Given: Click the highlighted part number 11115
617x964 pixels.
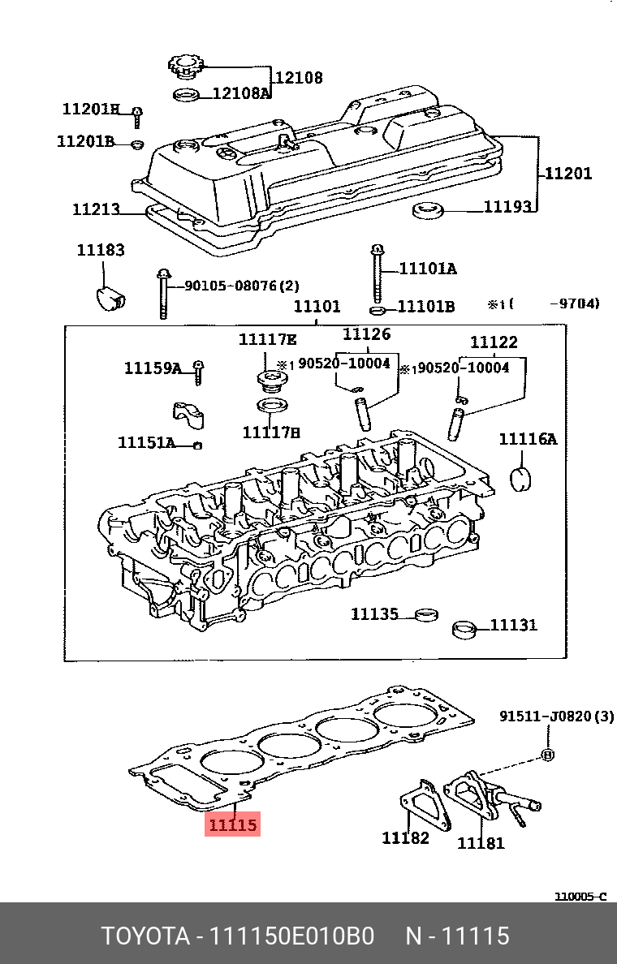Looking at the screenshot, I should pyautogui.click(x=233, y=825).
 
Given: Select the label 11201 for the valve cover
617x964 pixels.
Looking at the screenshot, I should pyautogui.click(x=567, y=173).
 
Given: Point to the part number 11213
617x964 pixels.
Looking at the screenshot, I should pyautogui.click(x=96, y=209).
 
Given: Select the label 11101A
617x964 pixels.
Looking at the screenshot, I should pyautogui.click(x=427, y=269).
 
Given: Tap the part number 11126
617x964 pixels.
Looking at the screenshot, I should pyautogui.click(x=366, y=334).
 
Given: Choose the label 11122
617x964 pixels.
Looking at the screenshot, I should pyautogui.click(x=494, y=342).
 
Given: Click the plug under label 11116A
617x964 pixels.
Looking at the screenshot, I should pyautogui.click(x=520, y=479).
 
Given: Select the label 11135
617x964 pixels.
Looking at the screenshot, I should pyautogui.click(x=374, y=614).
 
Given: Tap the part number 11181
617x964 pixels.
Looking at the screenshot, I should pyautogui.click(x=481, y=842).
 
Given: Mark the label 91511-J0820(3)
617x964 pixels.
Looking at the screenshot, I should pyautogui.click(x=556, y=717).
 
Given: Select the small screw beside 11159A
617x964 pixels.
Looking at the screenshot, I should pyautogui.click(x=197, y=372).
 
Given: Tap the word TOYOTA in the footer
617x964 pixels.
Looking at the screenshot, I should pyautogui.click(x=145, y=936).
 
